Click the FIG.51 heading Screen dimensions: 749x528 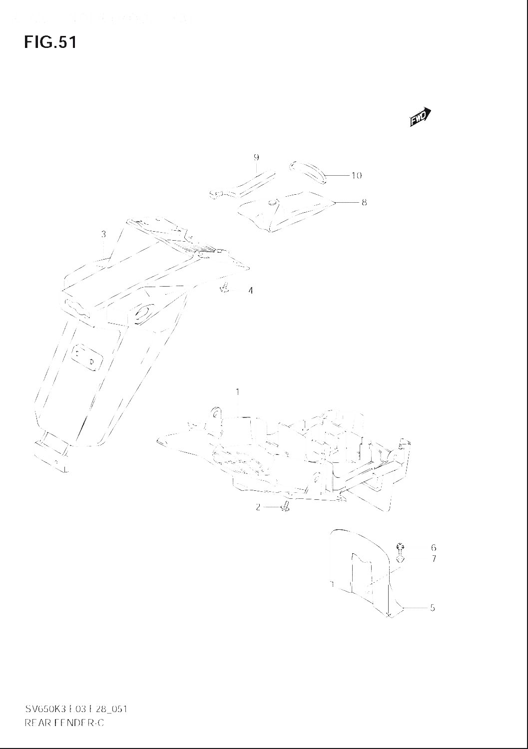pos(50,42)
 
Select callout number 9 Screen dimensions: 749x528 pos(256,158)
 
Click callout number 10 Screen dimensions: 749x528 pos(356,175)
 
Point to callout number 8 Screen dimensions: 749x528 pos(364,202)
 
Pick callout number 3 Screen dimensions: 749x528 pos(103,234)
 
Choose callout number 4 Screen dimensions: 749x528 pos(250,290)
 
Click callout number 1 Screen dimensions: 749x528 pos(238,392)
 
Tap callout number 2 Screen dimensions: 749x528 pos(258,507)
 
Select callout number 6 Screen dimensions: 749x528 pos(434,547)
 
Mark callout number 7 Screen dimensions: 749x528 pos(434,559)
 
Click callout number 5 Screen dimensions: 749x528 pos(433,608)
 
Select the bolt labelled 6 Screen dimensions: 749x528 pos(401,546)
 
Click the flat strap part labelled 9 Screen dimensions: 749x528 pos(245,184)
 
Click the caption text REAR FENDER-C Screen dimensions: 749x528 pos(64,723)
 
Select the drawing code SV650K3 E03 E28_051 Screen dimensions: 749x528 pos(75,709)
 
